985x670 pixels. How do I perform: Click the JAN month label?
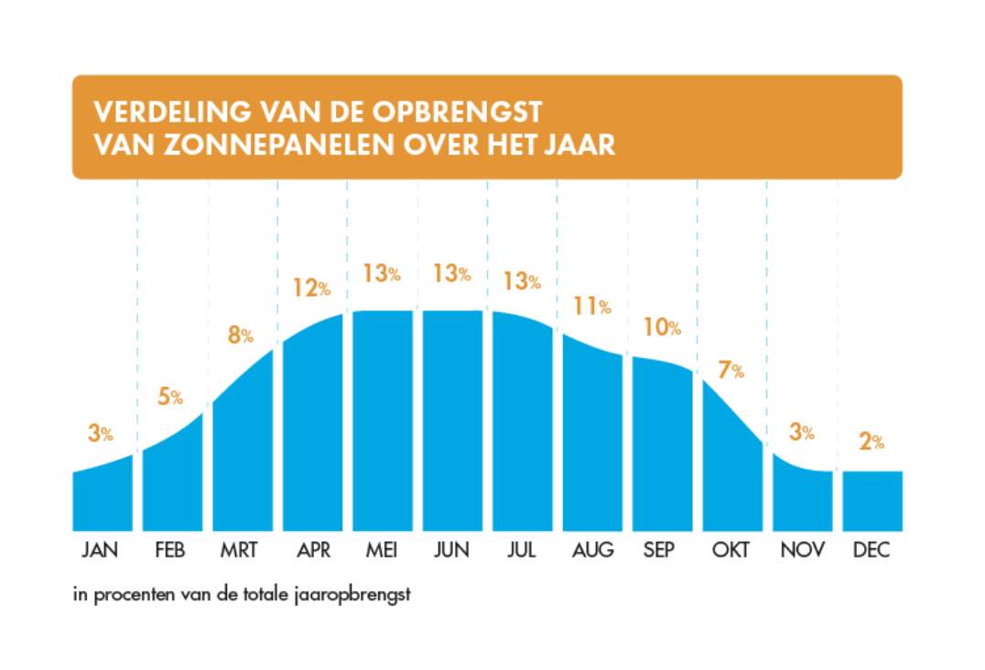[100, 550]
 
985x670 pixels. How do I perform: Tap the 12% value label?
[311, 287]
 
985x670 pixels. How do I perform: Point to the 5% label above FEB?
[171, 397]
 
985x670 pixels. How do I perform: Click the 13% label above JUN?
[451, 273]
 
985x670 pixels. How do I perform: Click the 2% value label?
[871, 441]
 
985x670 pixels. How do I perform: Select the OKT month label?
[731, 550]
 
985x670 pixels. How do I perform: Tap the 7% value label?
[731, 371]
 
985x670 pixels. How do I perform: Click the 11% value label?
[592, 307]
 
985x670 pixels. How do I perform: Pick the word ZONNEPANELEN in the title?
[224, 146]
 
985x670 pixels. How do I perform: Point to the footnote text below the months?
[242, 594]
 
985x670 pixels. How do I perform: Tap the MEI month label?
[381, 550]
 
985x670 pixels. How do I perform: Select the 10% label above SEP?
[662, 326]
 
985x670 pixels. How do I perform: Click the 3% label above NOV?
[802, 433]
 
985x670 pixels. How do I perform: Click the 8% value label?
[241, 336]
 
